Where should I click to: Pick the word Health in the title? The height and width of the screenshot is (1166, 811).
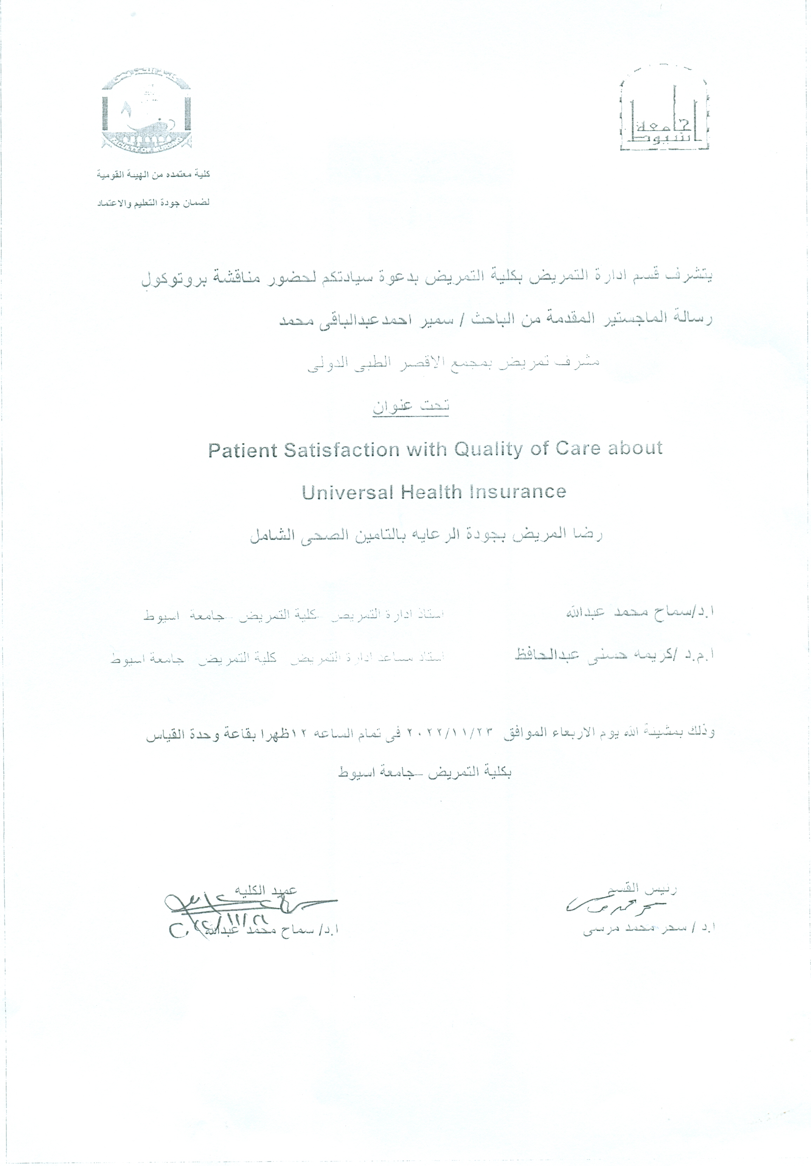[x=431, y=492]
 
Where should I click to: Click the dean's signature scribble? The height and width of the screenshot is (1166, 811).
[x=244, y=905]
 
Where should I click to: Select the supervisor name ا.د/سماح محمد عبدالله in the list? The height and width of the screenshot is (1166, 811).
[x=640, y=612]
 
